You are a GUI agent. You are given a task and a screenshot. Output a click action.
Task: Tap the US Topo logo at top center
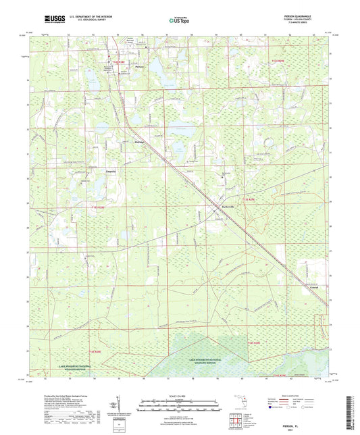click(179, 20)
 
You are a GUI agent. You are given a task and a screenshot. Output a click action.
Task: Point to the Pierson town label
click(140, 67)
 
